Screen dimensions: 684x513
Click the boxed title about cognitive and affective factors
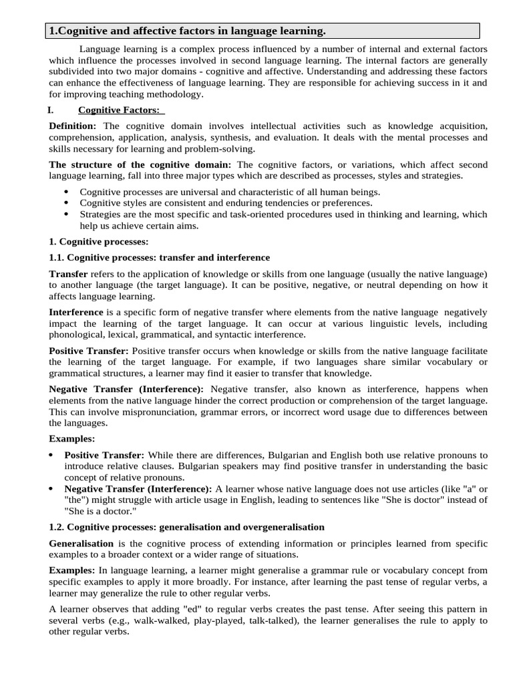point(188,31)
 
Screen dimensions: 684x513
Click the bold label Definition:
point(73,126)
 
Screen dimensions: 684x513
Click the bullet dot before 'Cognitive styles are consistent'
point(66,203)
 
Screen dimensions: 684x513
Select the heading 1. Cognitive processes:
point(99,241)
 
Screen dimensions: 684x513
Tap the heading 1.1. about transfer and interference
point(160,257)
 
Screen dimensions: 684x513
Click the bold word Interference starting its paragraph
point(76,312)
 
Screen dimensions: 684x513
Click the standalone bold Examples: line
point(72,438)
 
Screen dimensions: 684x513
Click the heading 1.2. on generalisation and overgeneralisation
point(187,527)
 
